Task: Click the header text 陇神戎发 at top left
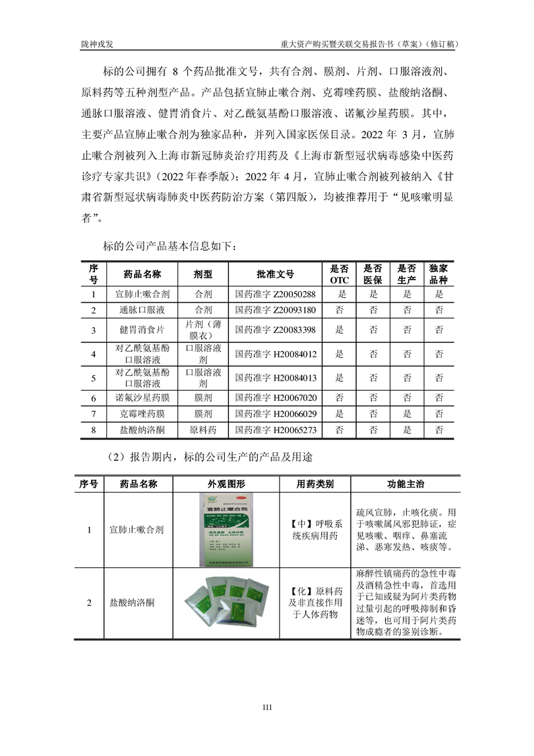pyautogui.click(x=97, y=43)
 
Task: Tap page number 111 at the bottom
pyautogui.click(x=267, y=707)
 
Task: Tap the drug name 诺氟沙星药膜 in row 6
pyautogui.click(x=142, y=398)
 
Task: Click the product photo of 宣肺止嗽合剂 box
pyautogui.click(x=226, y=530)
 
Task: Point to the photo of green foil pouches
pyautogui.click(x=226, y=602)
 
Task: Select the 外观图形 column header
pyautogui.click(x=226, y=484)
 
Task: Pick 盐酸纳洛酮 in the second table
pyautogui.click(x=131, y=602)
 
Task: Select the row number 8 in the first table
pyautogui.click(x=94, y=429)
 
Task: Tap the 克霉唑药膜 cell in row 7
pyautogui.click(x=142, y=414)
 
